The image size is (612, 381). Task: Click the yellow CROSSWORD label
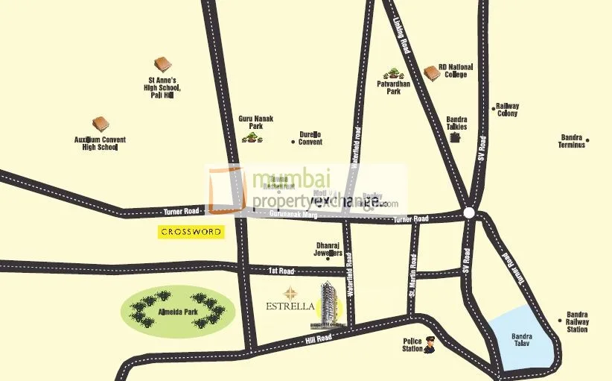click(x=191, y=232)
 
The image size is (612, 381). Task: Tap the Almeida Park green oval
click(x=177, y=311)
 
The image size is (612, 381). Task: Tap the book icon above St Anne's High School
click(x=161, y=66)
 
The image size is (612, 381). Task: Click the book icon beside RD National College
click(x=430, y=72)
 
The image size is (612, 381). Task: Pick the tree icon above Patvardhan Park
click(x=392, y=74)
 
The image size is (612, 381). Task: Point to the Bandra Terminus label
click(x=572, y=141)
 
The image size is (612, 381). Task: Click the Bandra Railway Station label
click(x=577, y=322)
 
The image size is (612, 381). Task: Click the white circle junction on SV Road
click(x=469, y=212)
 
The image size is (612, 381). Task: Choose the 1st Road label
click(x=281, y=271)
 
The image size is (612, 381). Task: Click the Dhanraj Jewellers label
click(x=328, y=248)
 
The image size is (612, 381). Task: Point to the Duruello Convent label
click(x=310, y=138)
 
